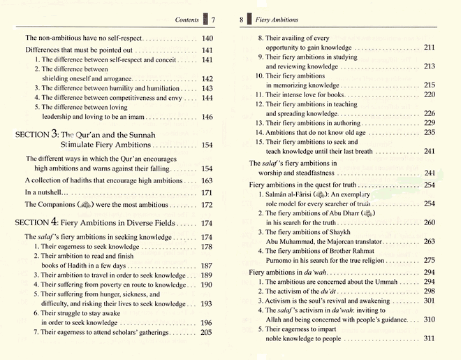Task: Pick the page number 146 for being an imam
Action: pos(207,117)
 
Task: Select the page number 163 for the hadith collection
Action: pos(207,180)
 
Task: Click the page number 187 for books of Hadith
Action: pos(207,266)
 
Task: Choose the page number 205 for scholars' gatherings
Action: pos(207,332)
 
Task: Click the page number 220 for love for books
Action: pos(430,94)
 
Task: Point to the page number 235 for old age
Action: pos(430,132)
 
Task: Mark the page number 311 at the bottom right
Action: pos(430,338)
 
